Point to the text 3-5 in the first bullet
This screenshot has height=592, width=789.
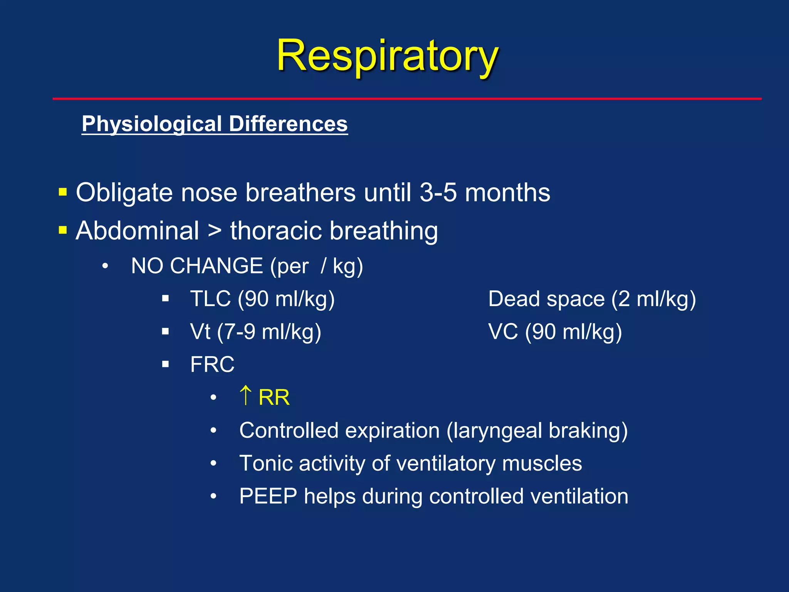point(438,192)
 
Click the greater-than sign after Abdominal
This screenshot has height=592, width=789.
point(215,231)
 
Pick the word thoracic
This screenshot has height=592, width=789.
point(275,231)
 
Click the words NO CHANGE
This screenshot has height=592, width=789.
point(197,266)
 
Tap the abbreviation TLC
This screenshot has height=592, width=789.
point(210,299)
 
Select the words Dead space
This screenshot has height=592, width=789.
point(546,299)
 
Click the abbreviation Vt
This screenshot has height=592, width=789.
point(200,331)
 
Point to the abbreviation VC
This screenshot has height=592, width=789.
point(503,331)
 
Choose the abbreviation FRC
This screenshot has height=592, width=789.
point(212,364)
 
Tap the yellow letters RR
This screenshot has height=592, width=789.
point(274,397)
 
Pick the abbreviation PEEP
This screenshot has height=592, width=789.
point(268,496)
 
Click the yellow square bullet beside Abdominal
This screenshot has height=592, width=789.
point(63,230)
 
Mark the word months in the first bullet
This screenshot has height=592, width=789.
point(507,192)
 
